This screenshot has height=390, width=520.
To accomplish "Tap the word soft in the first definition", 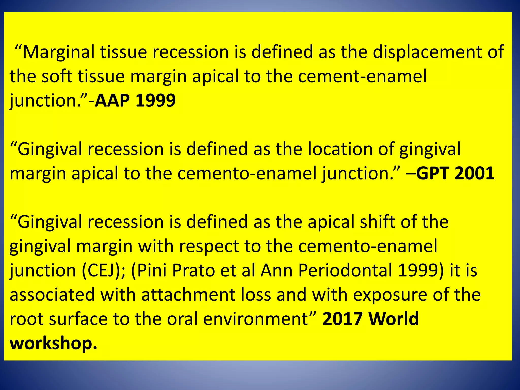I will (57, 76).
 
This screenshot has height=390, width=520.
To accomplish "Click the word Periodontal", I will (345, 271).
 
